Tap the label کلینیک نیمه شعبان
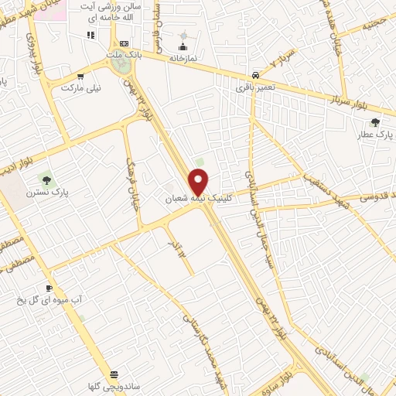pos(199,199)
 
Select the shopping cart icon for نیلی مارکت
pos(81,77)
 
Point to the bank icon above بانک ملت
pos(123,44)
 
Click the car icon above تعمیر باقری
pos(254,75)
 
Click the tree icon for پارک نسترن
pos(47,180)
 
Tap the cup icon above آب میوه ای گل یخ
pos(49,288)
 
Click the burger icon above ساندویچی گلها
pos(114,374)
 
